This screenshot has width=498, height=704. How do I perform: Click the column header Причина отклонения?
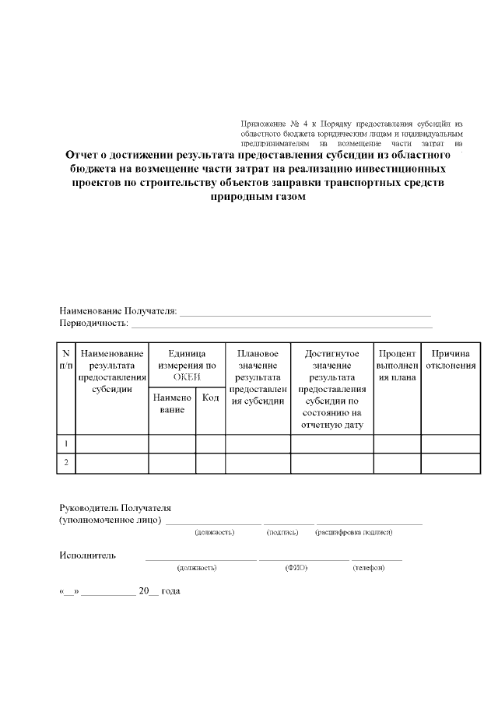tap(451, 359)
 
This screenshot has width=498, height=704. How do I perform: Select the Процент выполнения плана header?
tap(397, 366)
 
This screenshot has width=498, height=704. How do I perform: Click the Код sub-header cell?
tap(210, 398)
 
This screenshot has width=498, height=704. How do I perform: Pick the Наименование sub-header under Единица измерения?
tap(172, 403)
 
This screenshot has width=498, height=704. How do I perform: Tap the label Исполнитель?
tap(88, 555)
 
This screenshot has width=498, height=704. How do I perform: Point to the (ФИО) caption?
tap(296, 568)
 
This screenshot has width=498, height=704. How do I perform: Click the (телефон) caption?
tap(369, 568)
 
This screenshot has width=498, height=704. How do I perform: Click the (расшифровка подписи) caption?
tap(353, 532)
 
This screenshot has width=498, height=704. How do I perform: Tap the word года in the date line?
tap(170, 591)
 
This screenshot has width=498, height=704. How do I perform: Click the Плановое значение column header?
tap(258, 377)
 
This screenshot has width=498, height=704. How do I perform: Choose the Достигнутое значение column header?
tap(332, 389)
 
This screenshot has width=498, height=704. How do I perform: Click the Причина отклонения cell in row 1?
tap(451, 443)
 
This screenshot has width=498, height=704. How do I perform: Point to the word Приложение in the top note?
tap(264, 124)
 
